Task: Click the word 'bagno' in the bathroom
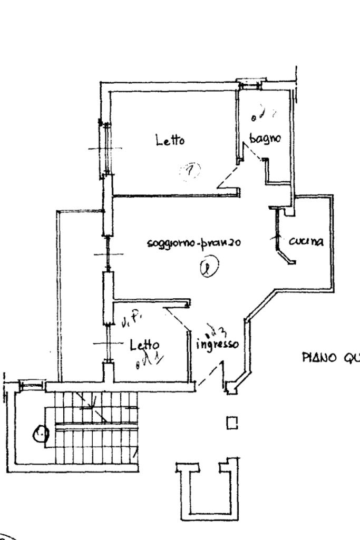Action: click(265, 139)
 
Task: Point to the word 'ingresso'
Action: click(217, 345)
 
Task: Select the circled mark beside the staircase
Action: click(40, 434)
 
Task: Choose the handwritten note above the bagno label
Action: click(262, 114)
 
